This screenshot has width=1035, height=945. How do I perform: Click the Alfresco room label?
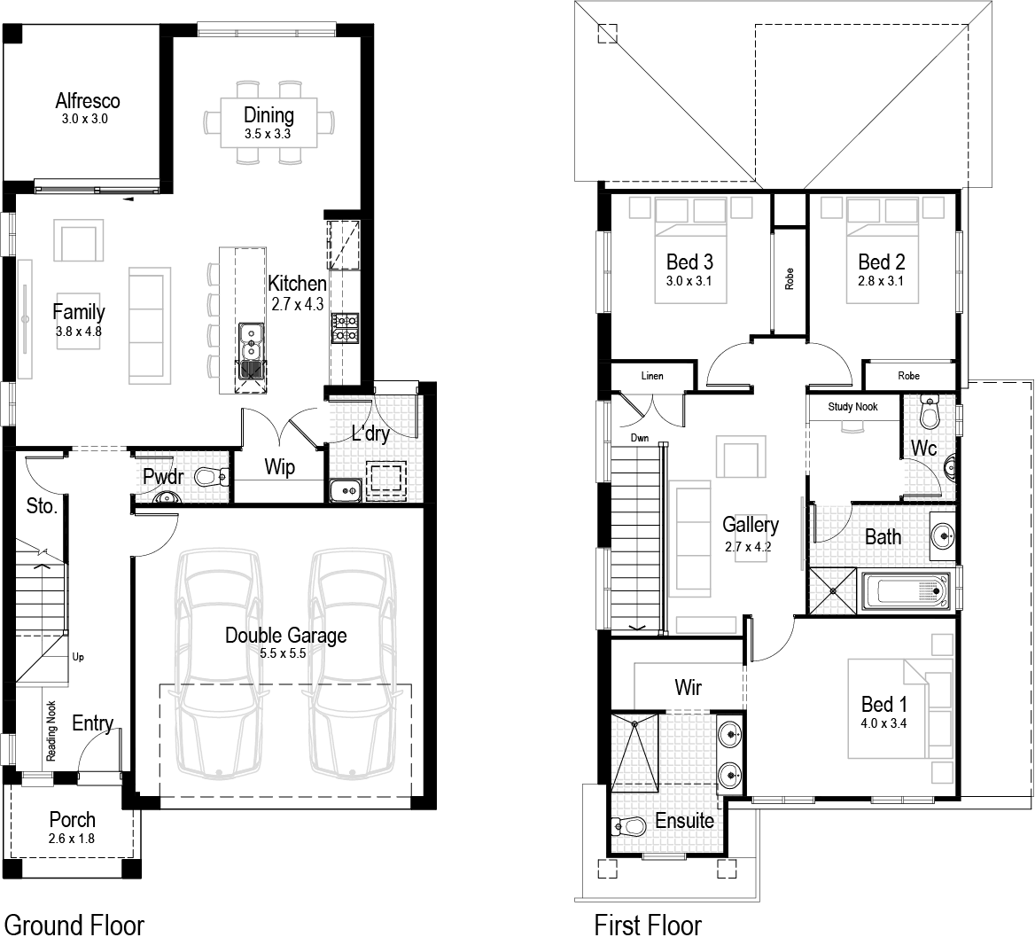87,100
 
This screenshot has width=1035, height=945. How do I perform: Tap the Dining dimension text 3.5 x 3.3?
268,135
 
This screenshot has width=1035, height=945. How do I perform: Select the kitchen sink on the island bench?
252,350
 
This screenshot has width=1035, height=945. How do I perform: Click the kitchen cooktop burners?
345,327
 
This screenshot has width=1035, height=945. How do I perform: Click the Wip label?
280,467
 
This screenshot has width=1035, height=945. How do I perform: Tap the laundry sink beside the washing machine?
343,488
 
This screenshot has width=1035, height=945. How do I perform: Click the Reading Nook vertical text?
51,730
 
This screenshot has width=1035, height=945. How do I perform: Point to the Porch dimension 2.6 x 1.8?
72,839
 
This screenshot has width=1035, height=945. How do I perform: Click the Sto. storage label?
42,506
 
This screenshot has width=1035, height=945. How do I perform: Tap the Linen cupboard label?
651,376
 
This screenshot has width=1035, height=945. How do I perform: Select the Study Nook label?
852,406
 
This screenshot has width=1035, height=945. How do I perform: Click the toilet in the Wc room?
929,414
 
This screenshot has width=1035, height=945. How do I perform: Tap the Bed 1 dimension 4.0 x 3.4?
883,722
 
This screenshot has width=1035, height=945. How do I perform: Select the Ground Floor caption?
74,925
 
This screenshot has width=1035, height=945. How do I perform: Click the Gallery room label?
750,524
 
